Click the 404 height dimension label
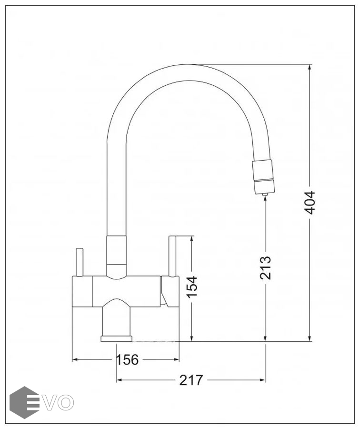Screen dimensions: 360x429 coord(310,203)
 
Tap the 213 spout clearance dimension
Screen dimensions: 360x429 coord(265,267)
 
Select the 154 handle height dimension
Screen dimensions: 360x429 coord(191,286)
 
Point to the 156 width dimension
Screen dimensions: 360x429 coord(127,359)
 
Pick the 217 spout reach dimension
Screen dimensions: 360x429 coord(191,380)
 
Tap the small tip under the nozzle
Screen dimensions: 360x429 coord(264,194)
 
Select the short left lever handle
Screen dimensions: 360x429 coord(79,262)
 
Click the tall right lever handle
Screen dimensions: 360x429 coord(173,256)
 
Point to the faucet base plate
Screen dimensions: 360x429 coord(117,339)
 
